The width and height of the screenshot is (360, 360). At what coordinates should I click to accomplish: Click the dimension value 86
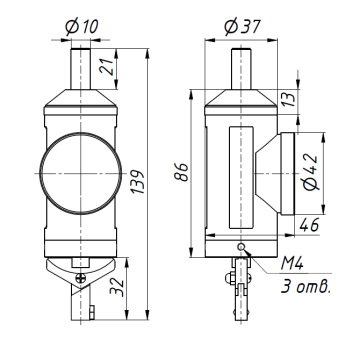181,173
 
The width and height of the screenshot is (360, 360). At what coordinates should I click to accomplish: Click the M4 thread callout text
297,262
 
